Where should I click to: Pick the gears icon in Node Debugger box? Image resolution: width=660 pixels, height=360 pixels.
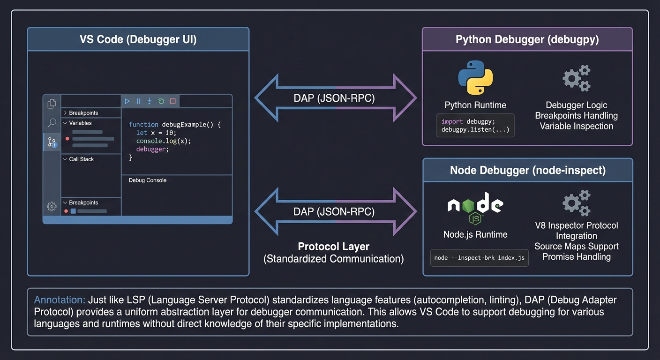pyautogui.click(x=576, y=202)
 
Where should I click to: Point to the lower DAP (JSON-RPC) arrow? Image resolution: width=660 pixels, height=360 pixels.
pyautogui.click(x=335, y=211)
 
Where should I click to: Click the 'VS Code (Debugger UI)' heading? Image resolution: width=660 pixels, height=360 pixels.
pyautogui.click(x=138, y=39)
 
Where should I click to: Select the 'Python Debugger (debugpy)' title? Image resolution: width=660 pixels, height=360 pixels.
pyautogui.click(x=527, y=39)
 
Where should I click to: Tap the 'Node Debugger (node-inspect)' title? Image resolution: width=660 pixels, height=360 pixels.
pyautogui.click(x=527, y=170)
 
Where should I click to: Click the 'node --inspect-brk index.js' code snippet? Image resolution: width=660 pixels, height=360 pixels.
pyautogui.click(x=479, y=258)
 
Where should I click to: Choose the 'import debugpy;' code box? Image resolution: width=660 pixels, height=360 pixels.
pyautogui.click(x=475, y=126)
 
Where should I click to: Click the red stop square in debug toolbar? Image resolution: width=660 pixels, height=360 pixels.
pyautogui.click(x=172, y=101)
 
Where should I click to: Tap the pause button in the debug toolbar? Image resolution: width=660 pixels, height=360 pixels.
pyautogui.click(x=138, y=101)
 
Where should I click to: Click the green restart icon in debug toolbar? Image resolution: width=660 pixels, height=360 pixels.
pyautogui.click(x=161, y=101)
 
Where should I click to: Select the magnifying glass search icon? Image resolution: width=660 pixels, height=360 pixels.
pyautogui.click(x=52, y=123)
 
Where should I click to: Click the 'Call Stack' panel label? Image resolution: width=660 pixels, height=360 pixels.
pyautogui.click(x=81, y=159)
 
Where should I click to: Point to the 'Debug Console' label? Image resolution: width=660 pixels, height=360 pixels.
pyautogui.click(x=147, y=180)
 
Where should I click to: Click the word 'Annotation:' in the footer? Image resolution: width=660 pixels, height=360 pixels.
pyautogui.click(x=60, y=300)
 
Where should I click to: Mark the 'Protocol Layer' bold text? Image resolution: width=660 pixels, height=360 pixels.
pyautogui.click(x=333, y=247)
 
